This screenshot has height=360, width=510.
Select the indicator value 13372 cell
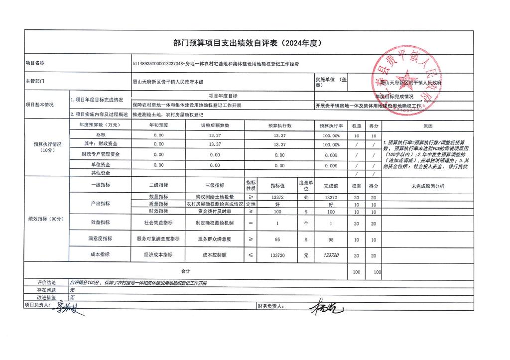tap(277, 198)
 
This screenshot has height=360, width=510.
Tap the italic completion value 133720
tap(331, 255)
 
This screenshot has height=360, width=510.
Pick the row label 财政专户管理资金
tap(101, 154)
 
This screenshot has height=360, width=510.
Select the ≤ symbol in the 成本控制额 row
tap(250, 255)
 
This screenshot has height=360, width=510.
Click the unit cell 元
tap(306, 255)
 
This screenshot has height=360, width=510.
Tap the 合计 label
tap(185, 271)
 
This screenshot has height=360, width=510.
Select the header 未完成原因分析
tap(428, 185)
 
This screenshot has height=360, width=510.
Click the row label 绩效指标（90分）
tap(46, 219)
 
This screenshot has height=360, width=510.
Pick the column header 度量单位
tap(306, 185)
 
